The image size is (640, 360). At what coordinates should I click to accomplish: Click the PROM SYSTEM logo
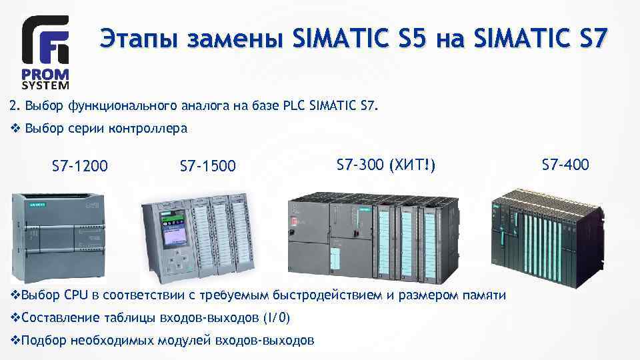point(45,53)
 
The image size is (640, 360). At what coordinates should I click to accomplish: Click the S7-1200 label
point(80,165)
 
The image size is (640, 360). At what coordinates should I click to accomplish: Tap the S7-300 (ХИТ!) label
point(387,163)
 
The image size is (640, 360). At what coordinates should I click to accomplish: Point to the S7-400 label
point(565,164)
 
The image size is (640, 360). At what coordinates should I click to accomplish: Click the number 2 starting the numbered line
point(13,105)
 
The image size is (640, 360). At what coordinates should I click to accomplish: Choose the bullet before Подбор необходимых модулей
point(16,340)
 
